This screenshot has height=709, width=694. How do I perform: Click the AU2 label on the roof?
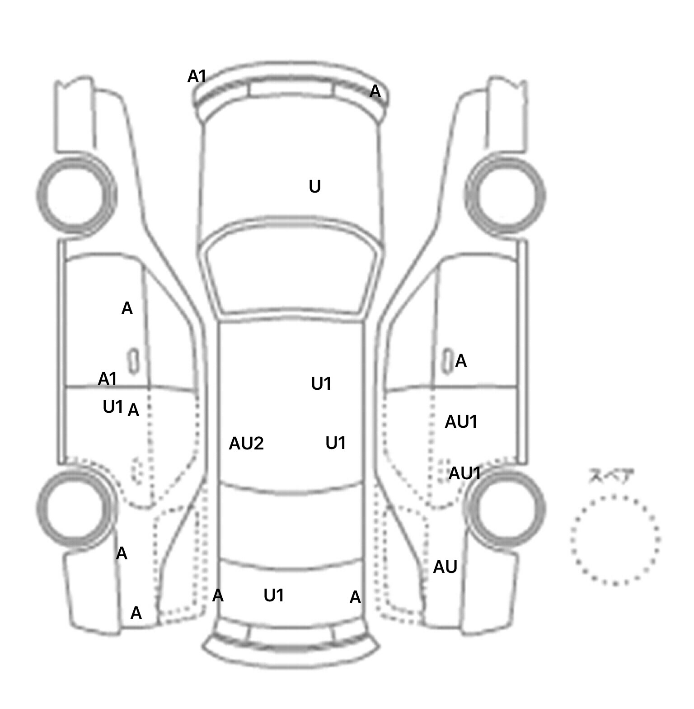[x=246, y=444]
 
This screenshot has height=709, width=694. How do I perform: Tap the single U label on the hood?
[x=315, y=186]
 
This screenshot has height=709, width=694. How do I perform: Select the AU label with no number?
[x=445, y=567]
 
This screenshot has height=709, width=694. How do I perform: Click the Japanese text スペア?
[x=611, y=476]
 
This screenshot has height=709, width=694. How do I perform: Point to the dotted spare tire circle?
[x=615, y=540]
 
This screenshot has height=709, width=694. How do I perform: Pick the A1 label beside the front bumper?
[x=197, y=77]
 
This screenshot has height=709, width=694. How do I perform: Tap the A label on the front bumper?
[x=375, y=92]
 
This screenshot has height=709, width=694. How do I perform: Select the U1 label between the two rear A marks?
[x=274, y=596]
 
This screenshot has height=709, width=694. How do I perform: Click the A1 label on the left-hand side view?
[x=108, y=378]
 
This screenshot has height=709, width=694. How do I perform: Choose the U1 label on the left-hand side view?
[x=113, y=407]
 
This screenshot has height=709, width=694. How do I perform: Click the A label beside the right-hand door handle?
[x=460, y=361]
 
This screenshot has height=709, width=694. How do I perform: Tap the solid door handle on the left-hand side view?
[x=133, y=361]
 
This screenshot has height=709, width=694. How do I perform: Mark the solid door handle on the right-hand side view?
[x=447, y=361]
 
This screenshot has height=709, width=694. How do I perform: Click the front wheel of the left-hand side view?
[x=76, y=194]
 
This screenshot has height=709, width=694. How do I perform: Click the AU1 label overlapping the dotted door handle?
[x=464, y=473]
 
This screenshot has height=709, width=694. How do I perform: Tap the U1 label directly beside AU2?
[x=336, y=444]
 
